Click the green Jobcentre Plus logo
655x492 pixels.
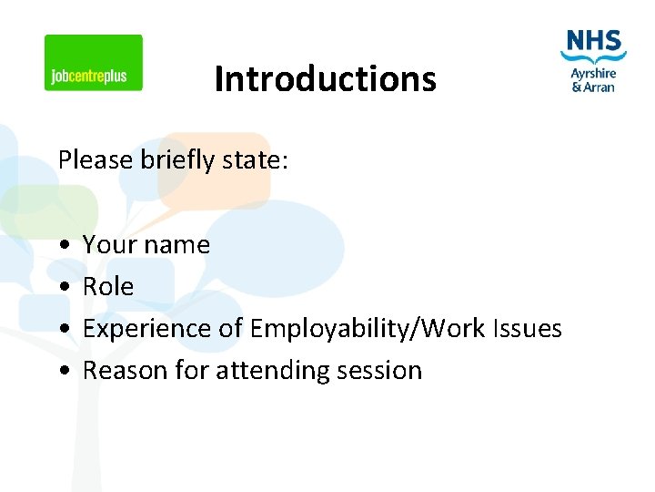pos(94,63)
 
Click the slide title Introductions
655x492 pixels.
pos(325,79)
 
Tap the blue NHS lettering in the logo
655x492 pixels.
pos(593,42)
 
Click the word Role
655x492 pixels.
pos(108,287)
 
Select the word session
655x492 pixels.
pos(379,371)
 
